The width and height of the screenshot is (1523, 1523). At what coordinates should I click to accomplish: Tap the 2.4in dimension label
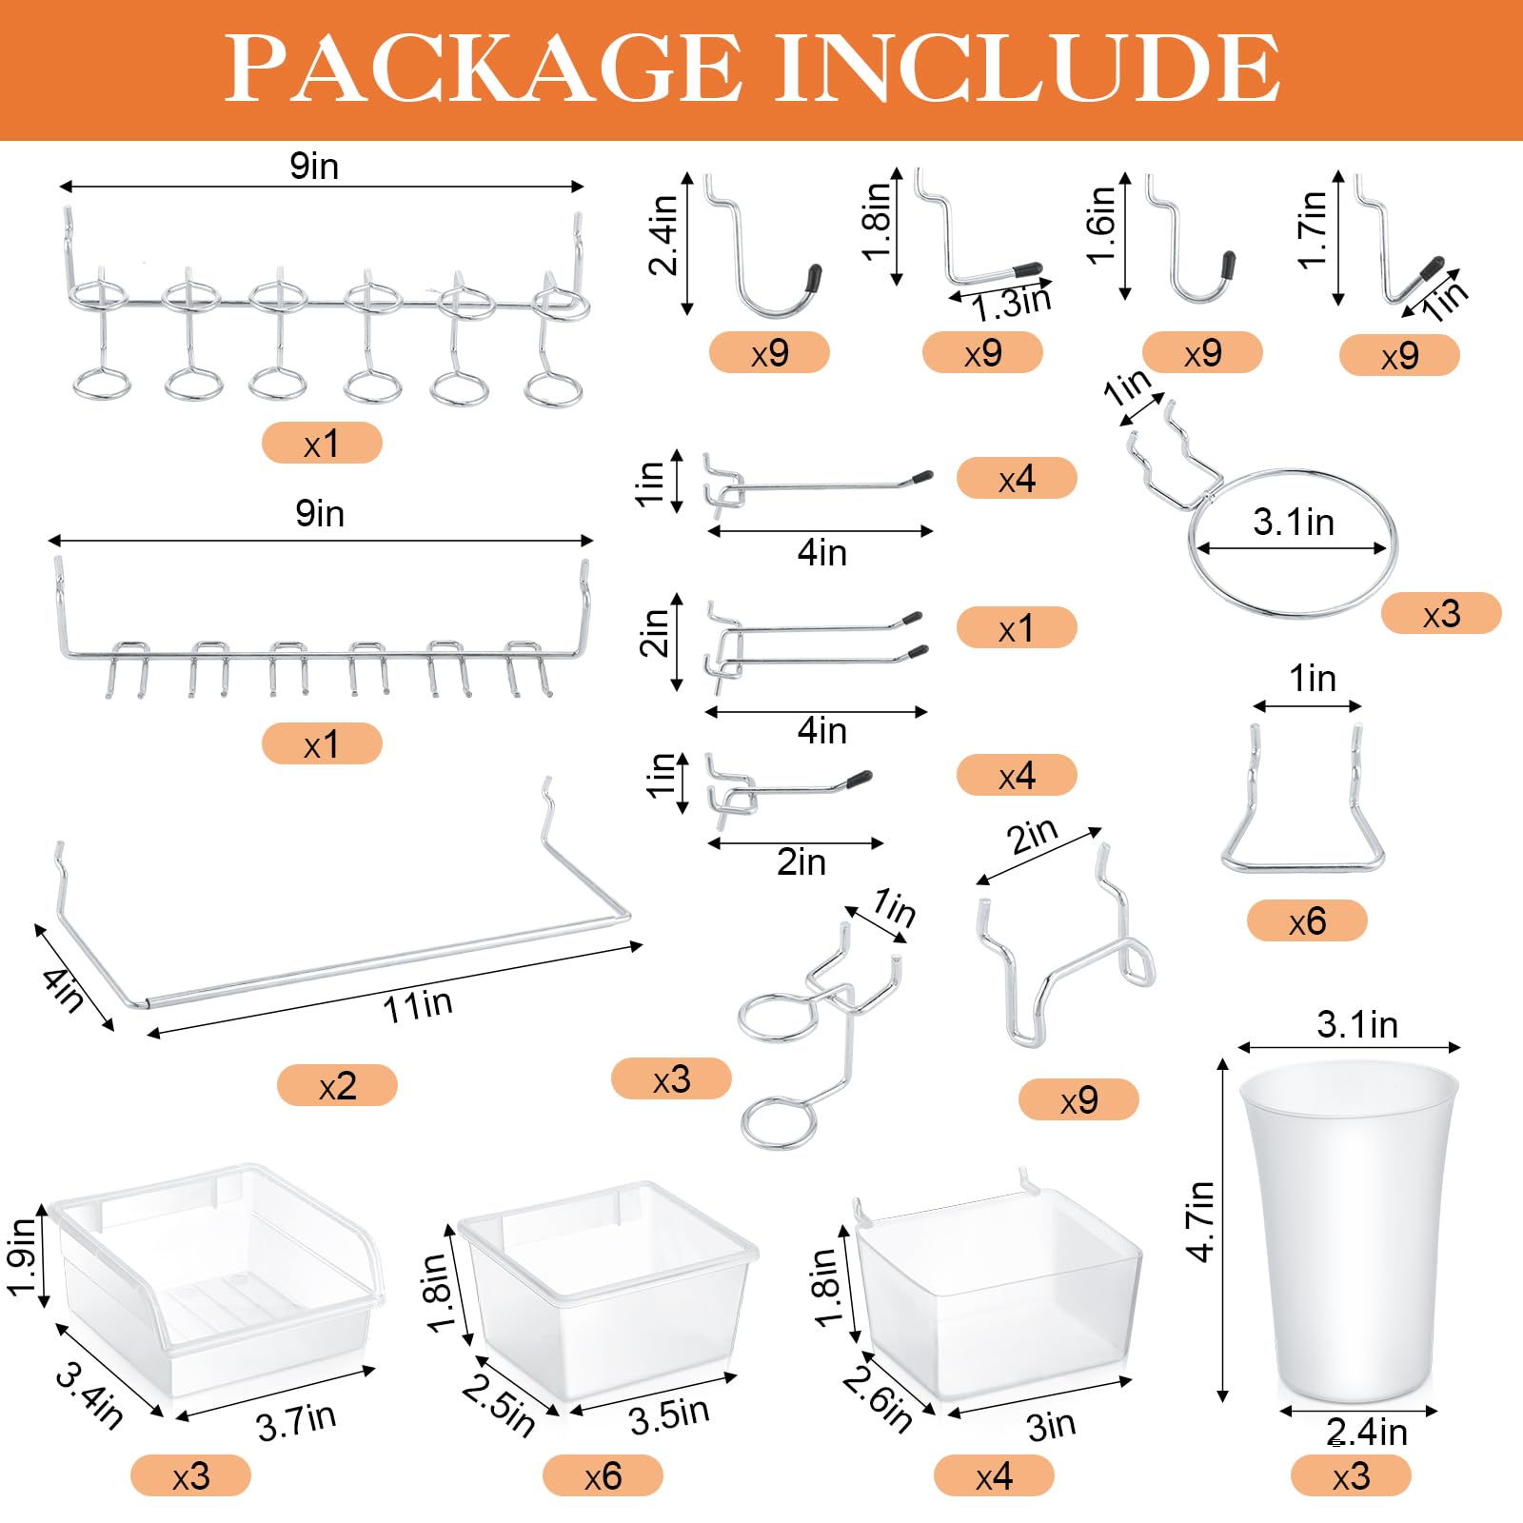coord(663,235)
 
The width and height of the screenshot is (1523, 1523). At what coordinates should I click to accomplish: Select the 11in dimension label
coord(418,1005)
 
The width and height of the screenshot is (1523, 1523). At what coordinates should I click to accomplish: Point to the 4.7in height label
coord(1200,1221)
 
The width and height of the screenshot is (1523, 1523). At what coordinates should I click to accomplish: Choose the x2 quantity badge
coord(337,1085)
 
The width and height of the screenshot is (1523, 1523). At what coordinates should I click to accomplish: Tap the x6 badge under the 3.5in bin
coord(603,1476)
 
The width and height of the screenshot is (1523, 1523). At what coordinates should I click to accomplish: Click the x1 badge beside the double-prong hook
coord(1017,628)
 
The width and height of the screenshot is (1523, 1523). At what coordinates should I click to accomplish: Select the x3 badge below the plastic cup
coord(1351,1476)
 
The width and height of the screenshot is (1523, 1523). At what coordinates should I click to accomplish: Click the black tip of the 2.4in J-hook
coord(813,278)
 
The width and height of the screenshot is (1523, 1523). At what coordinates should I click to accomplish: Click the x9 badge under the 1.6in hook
coord(1202,353)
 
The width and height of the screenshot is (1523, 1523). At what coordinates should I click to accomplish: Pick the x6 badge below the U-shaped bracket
coord(1307,920)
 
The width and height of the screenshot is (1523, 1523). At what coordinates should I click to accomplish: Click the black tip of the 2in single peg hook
coord(857,780)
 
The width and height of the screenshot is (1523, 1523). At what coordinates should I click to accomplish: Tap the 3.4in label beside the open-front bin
coord(89,1395)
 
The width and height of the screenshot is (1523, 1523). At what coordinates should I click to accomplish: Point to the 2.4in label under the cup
coord(1366,1432)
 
